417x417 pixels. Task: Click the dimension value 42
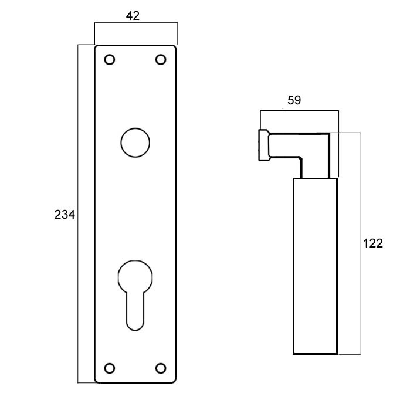tap(133, 16)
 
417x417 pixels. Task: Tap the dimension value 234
tap(65, 215)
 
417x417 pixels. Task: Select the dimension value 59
tap(294, 100)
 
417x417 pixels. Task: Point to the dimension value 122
tap(373, 243)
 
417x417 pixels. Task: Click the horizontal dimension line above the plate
tap(136, 23)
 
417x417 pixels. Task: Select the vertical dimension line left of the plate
tap(77, 213)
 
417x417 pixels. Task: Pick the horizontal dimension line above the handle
tap(300, 110)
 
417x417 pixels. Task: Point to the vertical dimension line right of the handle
tap(361, 243)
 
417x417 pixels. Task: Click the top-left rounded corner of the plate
tap(96, 46)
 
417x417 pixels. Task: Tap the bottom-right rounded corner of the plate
tap(174, 381)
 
